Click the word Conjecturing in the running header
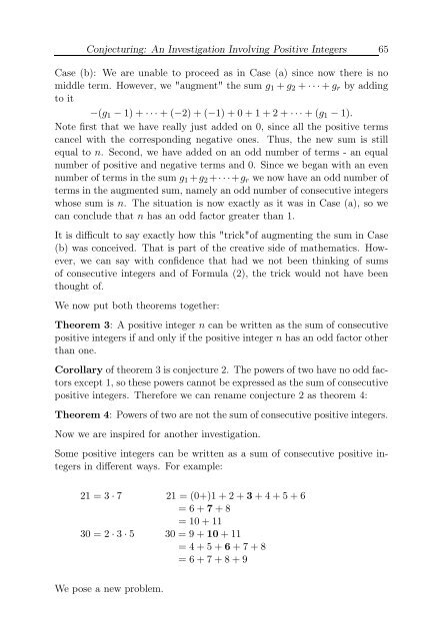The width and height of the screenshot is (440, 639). coord(94,20)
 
